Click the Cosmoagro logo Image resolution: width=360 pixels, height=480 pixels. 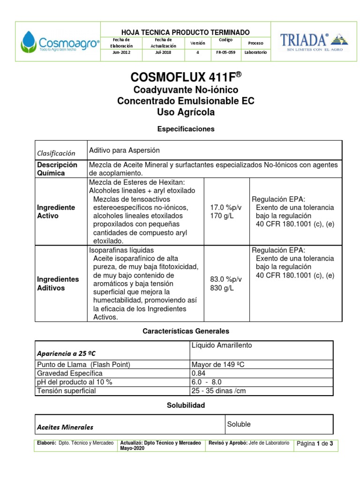point(60,42)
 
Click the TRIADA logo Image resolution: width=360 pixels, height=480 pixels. point(314,42)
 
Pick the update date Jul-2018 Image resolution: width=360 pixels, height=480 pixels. point(163,52)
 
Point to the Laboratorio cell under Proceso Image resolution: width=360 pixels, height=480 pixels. point(255,52)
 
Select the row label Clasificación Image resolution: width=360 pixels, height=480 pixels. point(56,153)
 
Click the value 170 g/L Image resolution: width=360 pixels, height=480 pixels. point(222,216)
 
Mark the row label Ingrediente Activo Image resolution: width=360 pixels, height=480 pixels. point(56,211)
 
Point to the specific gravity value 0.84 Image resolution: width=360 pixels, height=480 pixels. point(198,373)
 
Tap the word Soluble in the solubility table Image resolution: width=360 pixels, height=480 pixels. point(239,424)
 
